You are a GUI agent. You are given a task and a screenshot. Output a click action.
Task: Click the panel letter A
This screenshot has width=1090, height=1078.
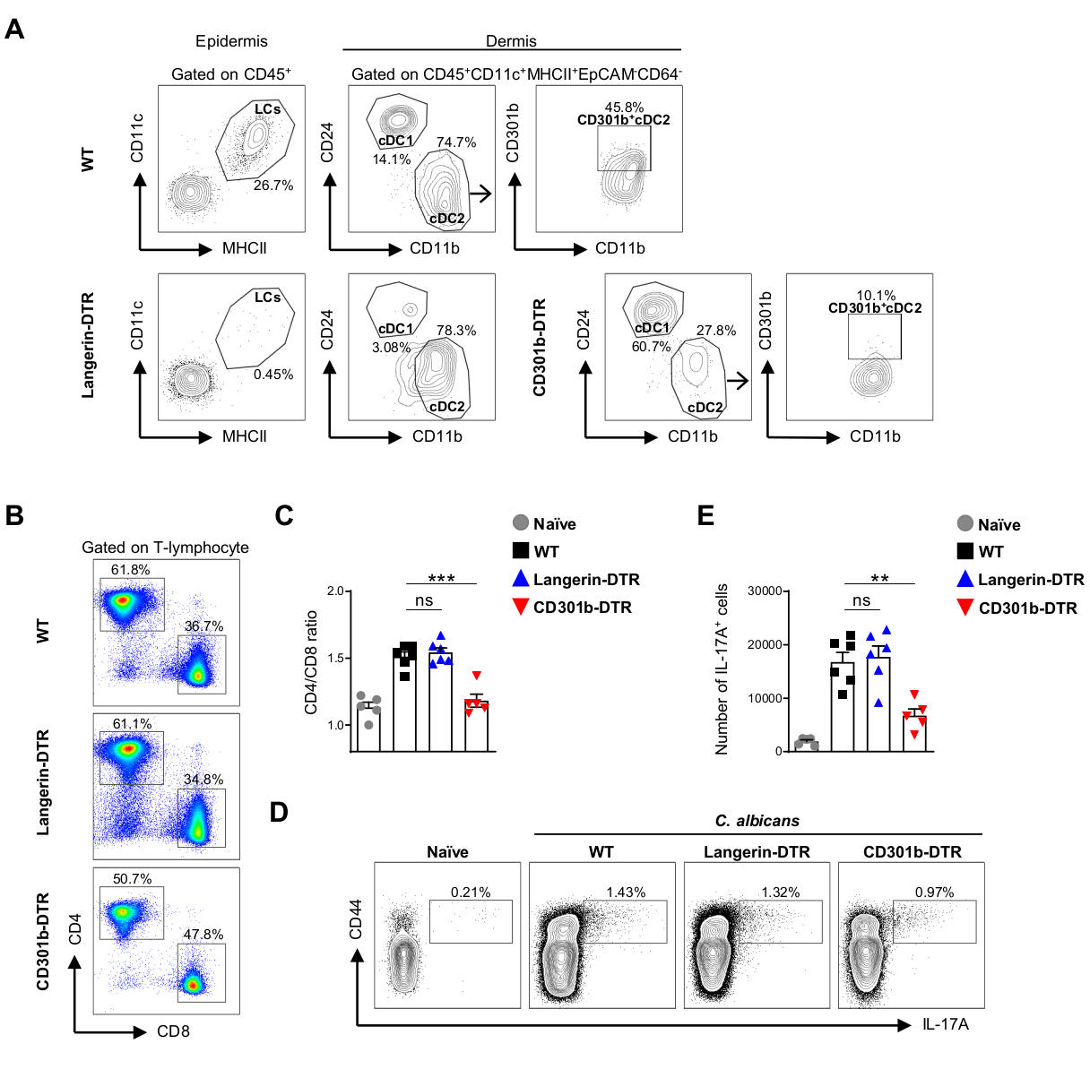(14, 30)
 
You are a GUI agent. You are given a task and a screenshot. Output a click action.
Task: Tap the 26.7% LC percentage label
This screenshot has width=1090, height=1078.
(273, 185)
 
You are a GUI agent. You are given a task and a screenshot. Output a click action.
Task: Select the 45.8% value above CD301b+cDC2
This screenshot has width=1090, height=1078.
(624, 108)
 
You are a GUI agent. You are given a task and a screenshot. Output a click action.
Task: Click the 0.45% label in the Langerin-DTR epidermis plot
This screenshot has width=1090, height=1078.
(273, 375)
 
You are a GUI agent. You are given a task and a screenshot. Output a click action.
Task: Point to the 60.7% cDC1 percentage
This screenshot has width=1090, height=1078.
(652, 347)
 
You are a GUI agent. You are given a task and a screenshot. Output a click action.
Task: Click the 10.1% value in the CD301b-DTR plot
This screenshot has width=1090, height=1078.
(876, 296)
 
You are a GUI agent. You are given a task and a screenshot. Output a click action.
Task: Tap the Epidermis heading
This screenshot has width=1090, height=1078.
(231, 41)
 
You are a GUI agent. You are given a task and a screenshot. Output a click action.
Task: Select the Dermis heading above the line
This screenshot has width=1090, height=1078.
(511, 41)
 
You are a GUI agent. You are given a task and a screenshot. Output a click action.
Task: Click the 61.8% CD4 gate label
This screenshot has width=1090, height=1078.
(131, 570)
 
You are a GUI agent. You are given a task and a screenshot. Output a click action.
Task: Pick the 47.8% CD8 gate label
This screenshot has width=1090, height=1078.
(203, 935)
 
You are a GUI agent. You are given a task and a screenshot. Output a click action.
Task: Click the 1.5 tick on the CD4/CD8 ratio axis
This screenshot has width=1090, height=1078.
(336, 658)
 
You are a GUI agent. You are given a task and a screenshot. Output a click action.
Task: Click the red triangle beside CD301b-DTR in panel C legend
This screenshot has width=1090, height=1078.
(520, 607)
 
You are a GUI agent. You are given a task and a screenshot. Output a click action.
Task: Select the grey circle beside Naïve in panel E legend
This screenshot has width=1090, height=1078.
(965, 523)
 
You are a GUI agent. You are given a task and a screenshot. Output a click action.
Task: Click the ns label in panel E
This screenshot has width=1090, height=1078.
(861, 600)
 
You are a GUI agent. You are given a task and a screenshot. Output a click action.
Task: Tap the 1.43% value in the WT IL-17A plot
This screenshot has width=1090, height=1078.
(626, 893)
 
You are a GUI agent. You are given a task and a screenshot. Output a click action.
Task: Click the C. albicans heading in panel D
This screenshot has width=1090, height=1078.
(757, 821)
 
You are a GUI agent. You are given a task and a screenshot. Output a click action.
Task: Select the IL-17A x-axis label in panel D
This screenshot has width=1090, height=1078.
(946, 1023)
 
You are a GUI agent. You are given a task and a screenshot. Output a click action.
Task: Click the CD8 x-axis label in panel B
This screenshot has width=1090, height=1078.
(173, 1031)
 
